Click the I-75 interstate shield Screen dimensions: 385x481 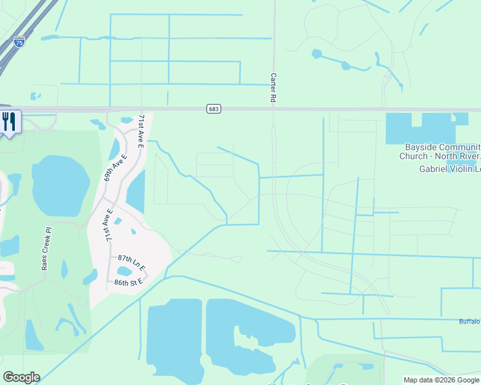[20, 42]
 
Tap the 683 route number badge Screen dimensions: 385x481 [214, 109]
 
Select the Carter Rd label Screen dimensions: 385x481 [273, 87]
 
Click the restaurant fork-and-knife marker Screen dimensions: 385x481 [8, 121]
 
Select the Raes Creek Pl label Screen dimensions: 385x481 [46, 249]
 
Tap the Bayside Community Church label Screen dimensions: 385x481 [440, 151]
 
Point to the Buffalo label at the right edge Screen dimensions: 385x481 [469, 321]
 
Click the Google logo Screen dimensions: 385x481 [21, 377]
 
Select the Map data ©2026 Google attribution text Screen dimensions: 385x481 [441, 380]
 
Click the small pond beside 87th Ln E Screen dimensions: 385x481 [125, 271]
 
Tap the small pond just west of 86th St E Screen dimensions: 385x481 [89, 277]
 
